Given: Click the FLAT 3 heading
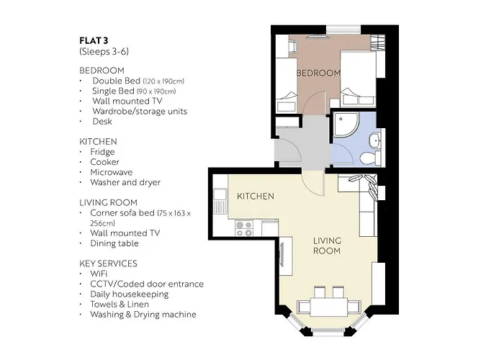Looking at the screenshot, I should click(x=94, y=40).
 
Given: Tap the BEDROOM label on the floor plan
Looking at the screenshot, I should click(x=318, y=73).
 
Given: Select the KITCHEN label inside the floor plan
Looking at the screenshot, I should click(x=256, y=196).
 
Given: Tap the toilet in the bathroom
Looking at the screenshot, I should click(x=369, y=158).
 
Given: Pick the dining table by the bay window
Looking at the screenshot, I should click(x=329, y=306).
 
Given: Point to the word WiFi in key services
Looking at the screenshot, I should click(x=100, y=274).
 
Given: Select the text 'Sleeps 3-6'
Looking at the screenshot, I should click(x=104, y=53).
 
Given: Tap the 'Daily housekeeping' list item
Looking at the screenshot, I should click(x=129, y=294).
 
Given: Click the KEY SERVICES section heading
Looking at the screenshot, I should click(x=108, y=264).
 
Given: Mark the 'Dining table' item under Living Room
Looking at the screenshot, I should click(x=114, y=243).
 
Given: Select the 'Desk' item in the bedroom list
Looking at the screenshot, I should click(x=102, y=122).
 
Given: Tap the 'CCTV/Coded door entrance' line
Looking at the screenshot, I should click(x=146, y=284).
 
